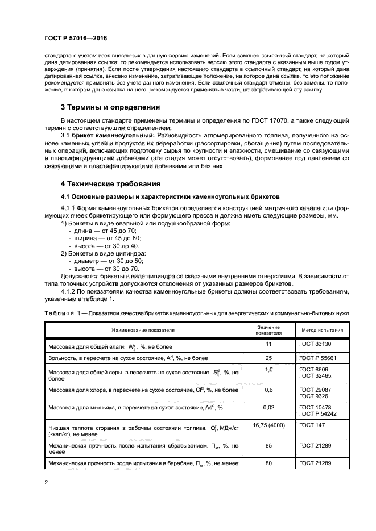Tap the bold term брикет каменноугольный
click(x=113, y=135)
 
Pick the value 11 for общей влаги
click(x=270, y=344)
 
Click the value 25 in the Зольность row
click(x=270, y=358)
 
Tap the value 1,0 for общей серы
click(x=270, y=370)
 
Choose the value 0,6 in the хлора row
click(x=270, y=389)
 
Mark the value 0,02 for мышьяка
click(x=270, y=408)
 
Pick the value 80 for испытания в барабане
click(x=270, y=463)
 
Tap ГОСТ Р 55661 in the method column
click(x=317, y=358)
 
